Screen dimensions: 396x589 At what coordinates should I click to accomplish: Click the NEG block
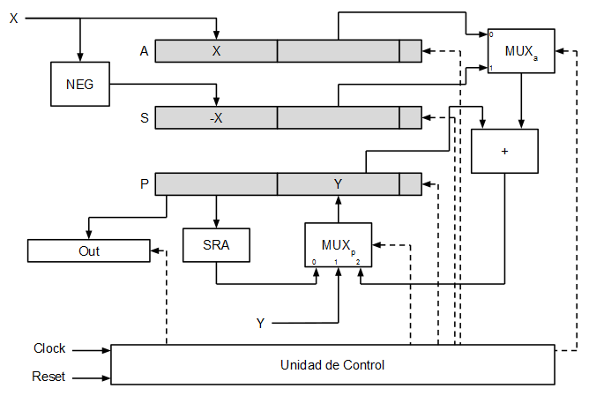point(80,85)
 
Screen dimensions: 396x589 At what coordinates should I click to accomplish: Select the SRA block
point(216,245)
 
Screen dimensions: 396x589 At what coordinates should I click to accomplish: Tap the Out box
point(89,250)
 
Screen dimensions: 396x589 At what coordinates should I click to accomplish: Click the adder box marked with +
point(504,151)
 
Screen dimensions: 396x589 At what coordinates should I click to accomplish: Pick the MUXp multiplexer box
point(338,244)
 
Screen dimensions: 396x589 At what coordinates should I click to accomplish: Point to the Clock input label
point(49,348)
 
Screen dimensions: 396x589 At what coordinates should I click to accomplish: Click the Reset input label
point(48,377)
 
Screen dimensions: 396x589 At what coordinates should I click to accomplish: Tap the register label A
point(144,51)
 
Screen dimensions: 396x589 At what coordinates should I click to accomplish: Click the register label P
point(144,184)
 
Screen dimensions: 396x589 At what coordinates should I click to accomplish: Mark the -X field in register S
point(216,117)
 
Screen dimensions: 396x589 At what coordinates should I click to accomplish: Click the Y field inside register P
point(338,184)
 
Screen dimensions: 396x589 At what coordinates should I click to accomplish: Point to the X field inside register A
point(216,51)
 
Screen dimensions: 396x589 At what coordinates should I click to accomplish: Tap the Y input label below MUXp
point(260,324)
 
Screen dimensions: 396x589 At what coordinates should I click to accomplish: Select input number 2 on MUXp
point(359,262)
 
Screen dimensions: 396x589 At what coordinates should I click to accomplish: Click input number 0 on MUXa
point(492,35)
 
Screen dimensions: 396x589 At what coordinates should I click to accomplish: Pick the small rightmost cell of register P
point(410,184)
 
